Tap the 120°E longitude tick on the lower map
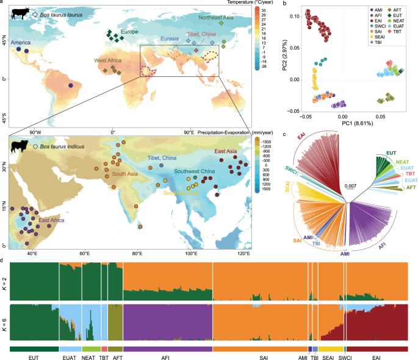[x=243, y=251]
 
